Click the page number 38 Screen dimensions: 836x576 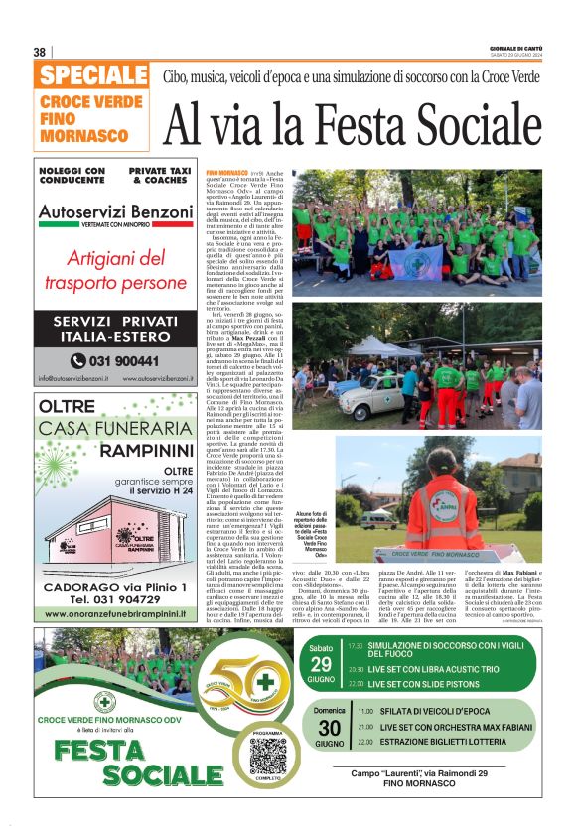(40, 52)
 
